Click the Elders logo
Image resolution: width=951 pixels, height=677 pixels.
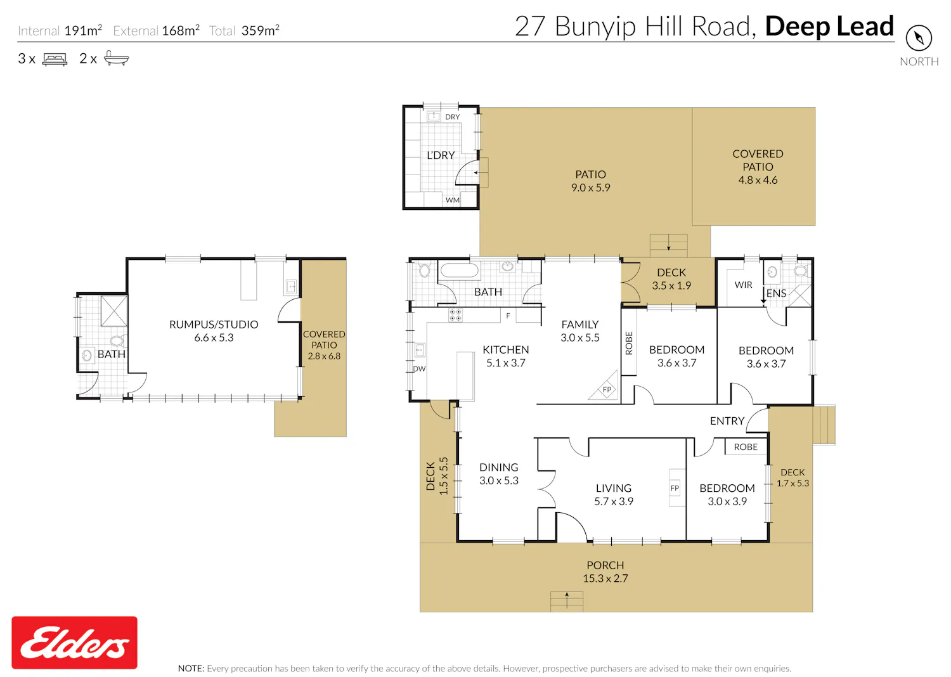pyautogui.click(x=74, y=642)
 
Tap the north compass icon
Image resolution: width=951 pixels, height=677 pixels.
pyautogui.click(x=919, y=38)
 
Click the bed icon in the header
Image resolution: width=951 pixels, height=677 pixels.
pyautogui.click(x=55, y=59)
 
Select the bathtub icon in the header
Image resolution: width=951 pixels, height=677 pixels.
pyautogui.click(x=116, y=58)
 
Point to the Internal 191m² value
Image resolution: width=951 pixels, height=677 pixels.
pyautogui.click(x=83, y=30)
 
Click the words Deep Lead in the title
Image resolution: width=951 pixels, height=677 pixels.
pyautogui.click(x=829, y=26)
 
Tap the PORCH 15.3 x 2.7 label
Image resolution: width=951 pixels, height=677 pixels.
pyautogui.click(x=605, y=572)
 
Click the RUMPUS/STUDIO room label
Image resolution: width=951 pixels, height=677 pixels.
pyautogui.click(x=214, y=325)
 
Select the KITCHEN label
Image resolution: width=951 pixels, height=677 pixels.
pyautogui.click(x=506, y=350)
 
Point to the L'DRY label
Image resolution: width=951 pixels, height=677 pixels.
pyautogui.click(x=441, y=155)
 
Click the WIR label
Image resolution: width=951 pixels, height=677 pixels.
pyautogui.click(x=743, y=285)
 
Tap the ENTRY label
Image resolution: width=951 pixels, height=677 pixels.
pyautogui.click(x=727, y=421)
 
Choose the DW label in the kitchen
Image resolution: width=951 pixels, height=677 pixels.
pyautogui.click(x=419, y=369)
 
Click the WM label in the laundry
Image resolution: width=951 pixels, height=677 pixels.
pyautogui.click(x=452, y=200)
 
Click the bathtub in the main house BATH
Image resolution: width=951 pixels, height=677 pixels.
pyautogui.click(x=460, y=271)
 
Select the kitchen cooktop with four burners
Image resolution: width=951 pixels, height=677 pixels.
pyautogui.click(x=456, y=315)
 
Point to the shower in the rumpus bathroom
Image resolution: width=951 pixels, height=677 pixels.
pyautogui.click(x=114, y=311)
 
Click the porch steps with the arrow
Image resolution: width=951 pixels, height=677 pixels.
pyautogui.click(x=567, y=602)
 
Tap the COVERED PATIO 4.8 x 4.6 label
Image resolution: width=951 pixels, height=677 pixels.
pyautogui.click(x=758, y=167)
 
